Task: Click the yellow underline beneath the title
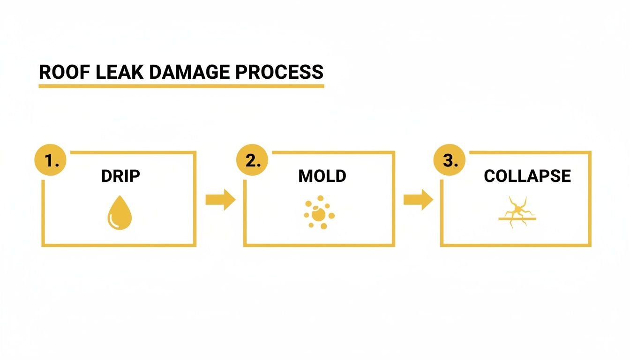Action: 181,86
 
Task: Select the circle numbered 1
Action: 50,160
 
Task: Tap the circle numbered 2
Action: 252,160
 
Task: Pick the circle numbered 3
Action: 449,160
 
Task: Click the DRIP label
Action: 120,176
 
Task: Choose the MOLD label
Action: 322,176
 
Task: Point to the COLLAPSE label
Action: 527,176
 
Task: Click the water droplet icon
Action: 120,215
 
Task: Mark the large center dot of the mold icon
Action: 319,215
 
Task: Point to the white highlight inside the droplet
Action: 113,220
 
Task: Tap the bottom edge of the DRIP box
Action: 119,245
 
